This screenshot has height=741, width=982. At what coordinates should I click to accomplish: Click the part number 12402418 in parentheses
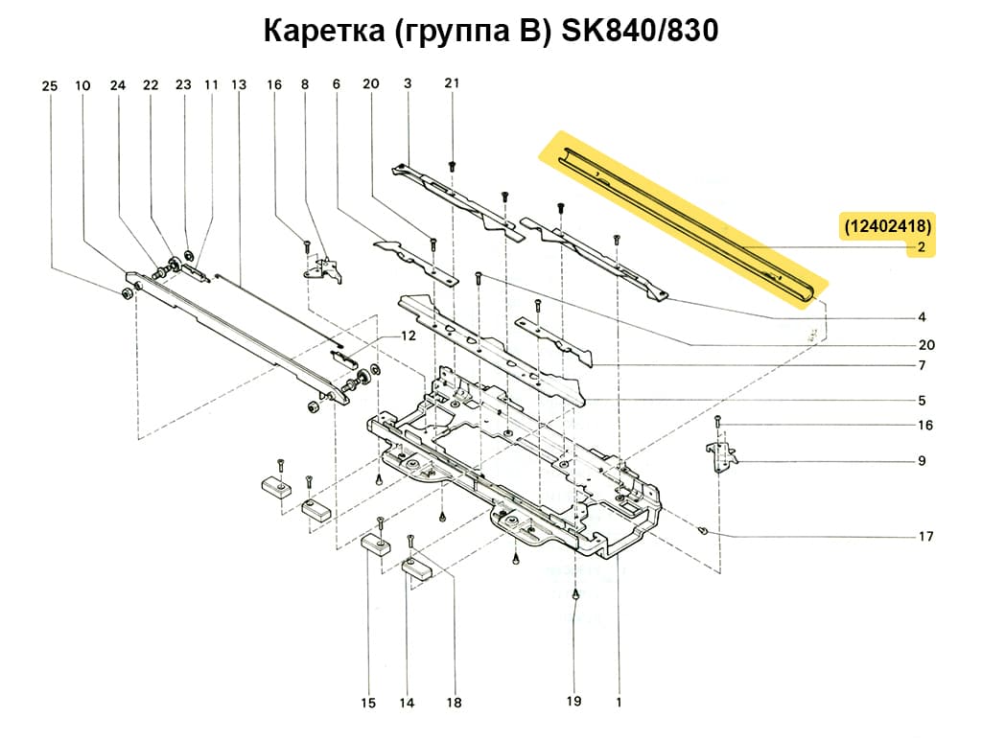tap(887, 226)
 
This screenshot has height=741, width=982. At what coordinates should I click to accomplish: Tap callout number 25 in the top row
tap(50, 86)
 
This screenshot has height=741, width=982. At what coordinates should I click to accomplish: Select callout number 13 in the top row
tap(239, 85)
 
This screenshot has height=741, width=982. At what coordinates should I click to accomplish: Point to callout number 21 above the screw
tap(453, 83)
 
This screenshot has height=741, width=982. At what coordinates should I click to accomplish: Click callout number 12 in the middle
tap(409, 336)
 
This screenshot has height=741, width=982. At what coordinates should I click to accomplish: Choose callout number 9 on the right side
tap(921, 461)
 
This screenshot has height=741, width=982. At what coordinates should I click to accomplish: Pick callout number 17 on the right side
tap(925, 537)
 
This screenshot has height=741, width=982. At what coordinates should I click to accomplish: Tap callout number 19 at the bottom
tap(573, 702)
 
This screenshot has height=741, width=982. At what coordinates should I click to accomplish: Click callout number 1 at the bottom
tap(620, 702)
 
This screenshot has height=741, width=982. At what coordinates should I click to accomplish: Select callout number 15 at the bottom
tap(368, 705)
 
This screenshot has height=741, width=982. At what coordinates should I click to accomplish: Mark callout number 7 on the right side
tap(921, 366)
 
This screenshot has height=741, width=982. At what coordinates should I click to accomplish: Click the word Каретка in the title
tap(324, 32)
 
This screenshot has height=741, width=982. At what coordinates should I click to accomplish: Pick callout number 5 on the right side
tap(921, 401)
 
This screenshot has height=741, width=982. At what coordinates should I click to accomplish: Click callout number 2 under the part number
tap(921, 247)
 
